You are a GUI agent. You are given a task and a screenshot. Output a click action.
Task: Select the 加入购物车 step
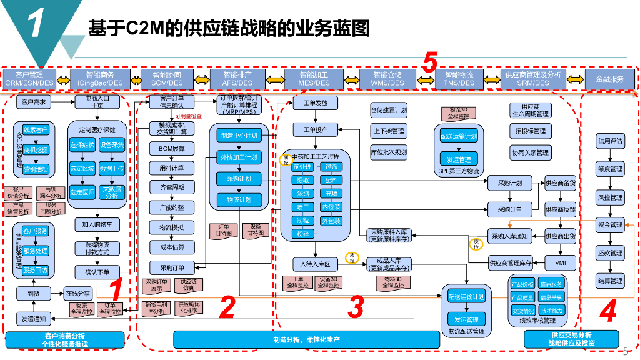point(96,224)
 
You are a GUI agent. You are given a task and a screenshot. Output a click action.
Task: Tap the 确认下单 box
point(96,272)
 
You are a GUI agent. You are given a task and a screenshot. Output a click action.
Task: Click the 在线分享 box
point(78,292)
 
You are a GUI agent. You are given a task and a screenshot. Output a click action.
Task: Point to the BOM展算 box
point(167,149)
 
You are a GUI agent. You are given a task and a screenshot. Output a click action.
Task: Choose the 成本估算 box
point(167,247)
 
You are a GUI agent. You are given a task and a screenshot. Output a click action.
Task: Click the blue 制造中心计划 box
point(238,135)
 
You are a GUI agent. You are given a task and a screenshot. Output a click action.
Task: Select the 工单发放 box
point(315,102)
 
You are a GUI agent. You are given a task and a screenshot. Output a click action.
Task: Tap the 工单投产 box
point(315,129)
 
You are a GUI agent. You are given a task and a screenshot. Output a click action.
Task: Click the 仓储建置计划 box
point(389,111)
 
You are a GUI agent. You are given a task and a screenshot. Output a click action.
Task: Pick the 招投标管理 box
point(530,131)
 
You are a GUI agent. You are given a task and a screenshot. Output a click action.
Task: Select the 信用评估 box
point(609,141)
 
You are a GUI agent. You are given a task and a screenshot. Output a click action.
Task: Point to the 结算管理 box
point(609,281)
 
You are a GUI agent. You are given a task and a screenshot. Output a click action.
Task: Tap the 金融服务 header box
point(609,79)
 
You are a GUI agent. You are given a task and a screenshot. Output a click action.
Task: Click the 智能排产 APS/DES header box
point(237,79)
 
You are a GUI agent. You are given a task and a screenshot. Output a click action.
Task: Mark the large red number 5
point(429,62)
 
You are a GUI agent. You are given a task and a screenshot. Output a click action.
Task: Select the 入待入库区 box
point(315,263)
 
